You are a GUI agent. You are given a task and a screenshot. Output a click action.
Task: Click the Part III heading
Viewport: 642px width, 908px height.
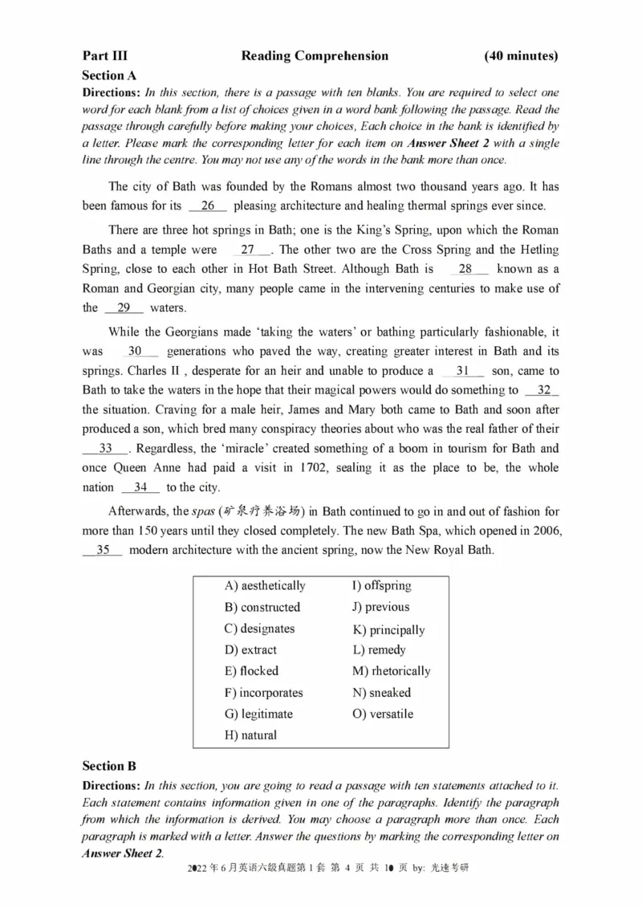pos(104,56)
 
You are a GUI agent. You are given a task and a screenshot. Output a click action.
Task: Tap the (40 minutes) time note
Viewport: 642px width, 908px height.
pos(521,56)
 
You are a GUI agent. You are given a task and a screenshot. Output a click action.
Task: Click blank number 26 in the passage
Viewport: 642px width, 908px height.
pos(208,206)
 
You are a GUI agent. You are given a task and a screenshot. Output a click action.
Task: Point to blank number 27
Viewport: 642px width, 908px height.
pos(247,250)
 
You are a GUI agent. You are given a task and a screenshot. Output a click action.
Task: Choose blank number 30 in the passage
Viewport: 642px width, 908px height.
pos(135,352)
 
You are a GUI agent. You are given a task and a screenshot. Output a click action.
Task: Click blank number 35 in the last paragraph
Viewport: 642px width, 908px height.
pos(103,550)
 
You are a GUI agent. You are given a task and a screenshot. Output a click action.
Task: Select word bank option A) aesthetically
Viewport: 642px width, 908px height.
pos(265,586)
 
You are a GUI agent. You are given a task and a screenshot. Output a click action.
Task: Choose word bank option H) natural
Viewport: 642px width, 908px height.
pos(250,735)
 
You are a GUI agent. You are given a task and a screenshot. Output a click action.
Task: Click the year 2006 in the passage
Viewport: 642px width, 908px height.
pos(543,531)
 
